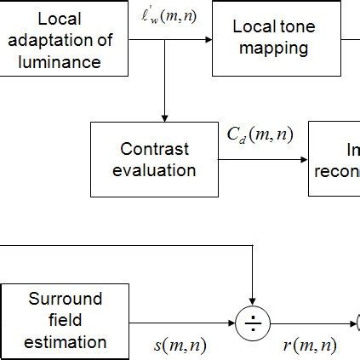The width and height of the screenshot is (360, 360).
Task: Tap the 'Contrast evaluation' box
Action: (x=154, y=159)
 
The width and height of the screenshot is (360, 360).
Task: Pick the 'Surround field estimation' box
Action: (x=65, y=321)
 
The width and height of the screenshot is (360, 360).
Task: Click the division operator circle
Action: (x=253, y=323)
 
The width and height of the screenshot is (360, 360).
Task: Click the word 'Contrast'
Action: (x=154, y=149)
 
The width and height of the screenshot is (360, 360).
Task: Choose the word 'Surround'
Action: (x=66, y=300)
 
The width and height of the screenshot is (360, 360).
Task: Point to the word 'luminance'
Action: (x=64, y=61)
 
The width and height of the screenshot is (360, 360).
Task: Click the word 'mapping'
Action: (x=273, y=49)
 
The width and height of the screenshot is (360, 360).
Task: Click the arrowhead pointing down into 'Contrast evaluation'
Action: (x=163, y=117)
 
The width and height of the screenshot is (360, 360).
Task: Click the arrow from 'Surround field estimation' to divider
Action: (x=183, y=323)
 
